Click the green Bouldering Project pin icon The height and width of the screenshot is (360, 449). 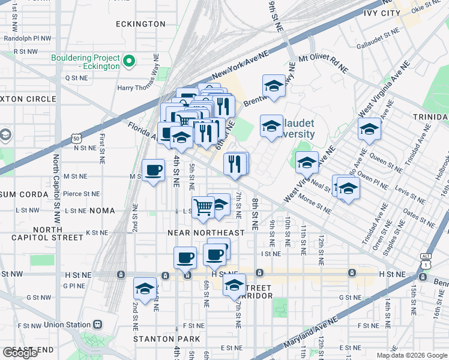(x=128, y=61)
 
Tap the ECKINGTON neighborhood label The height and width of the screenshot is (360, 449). (x=142, y=24)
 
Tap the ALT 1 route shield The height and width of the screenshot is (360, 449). (x=426, y=261)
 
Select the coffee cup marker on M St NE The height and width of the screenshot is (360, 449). (x=154, y=170)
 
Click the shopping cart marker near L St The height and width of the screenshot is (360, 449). (x=203, y=208)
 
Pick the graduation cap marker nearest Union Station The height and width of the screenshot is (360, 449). (x=145, y=289)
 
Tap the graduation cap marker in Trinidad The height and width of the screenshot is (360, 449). (x=369, y=129)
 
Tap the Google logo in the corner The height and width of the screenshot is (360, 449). (x=20, y=352)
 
